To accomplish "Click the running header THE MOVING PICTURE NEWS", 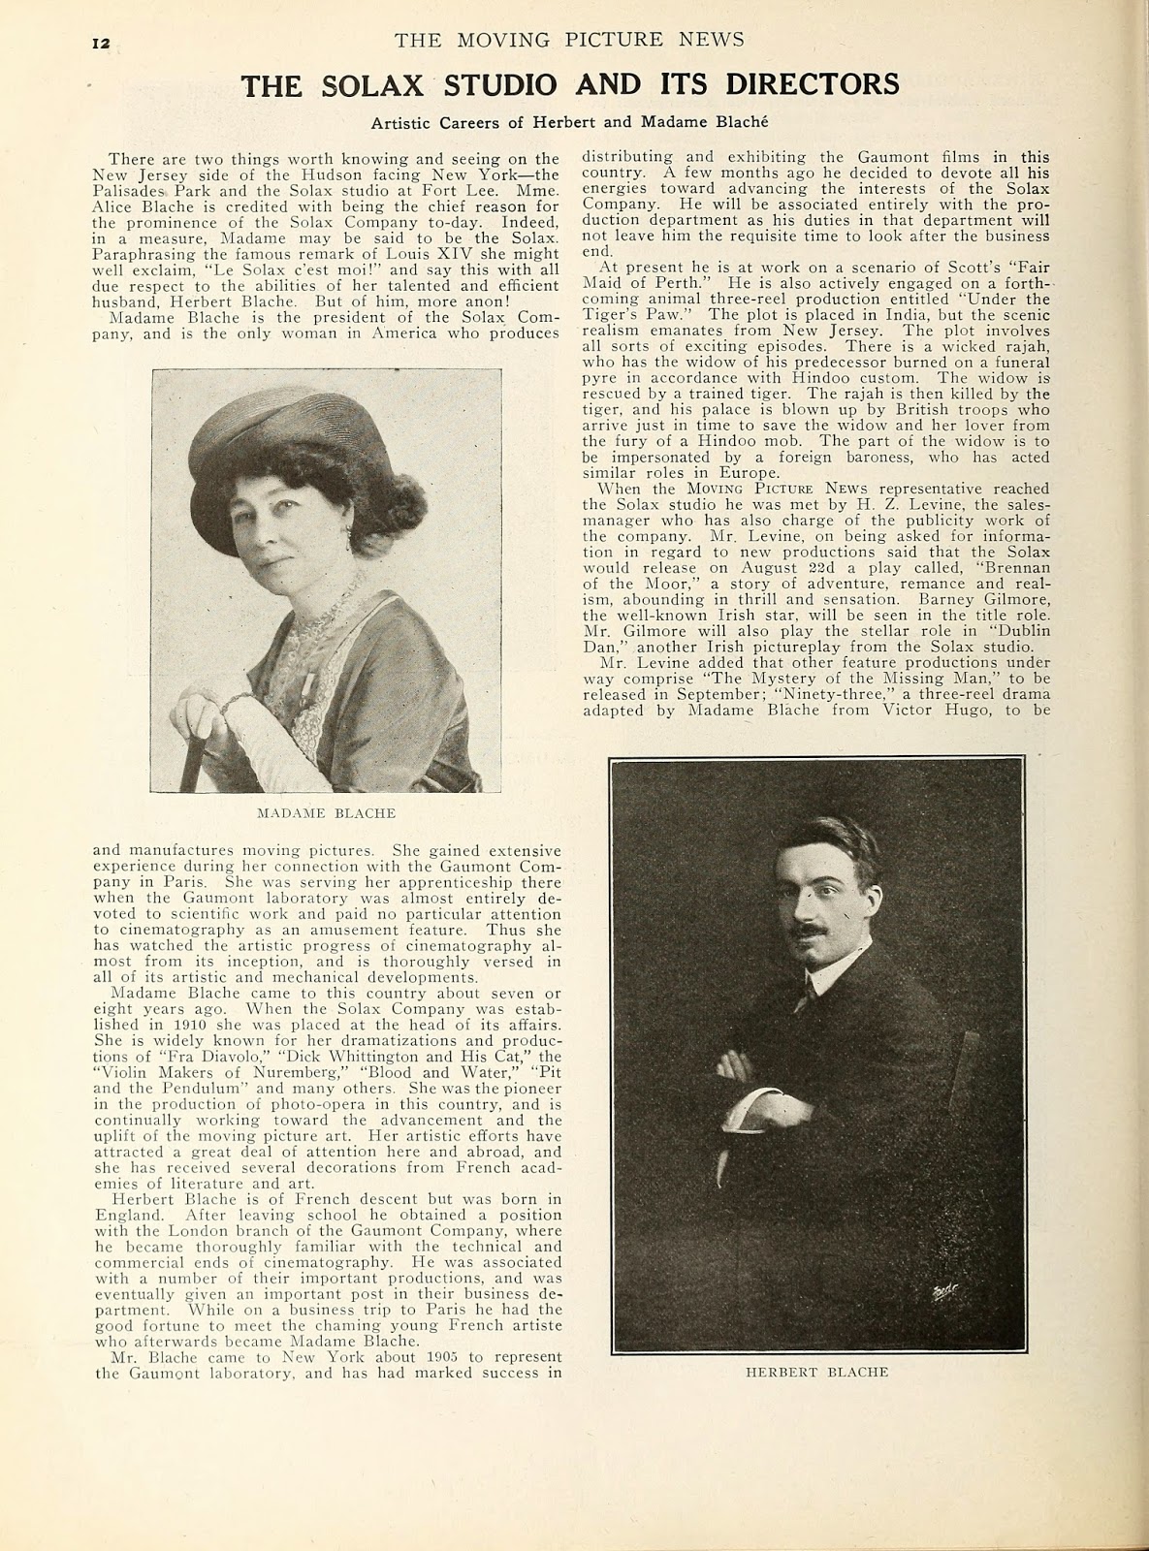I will point(569,39).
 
